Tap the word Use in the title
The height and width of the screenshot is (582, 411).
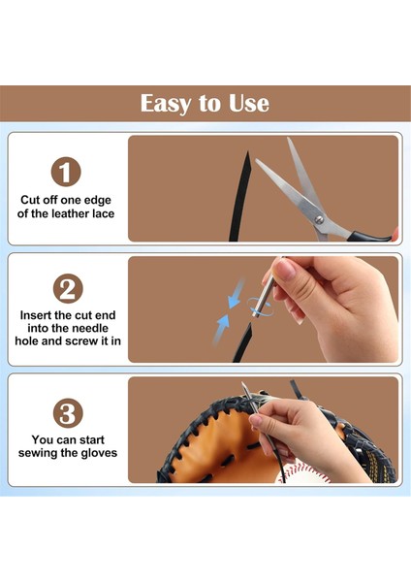pos(248,103)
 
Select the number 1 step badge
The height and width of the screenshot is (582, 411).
pos(66,172)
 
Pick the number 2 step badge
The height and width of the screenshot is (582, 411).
pos(68,289)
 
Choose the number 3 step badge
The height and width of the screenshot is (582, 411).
pos(68,413)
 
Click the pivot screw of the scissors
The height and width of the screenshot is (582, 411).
pos(319,220)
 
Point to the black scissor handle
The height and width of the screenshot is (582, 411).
pos(369,236)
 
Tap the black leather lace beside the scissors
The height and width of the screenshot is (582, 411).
pos(239,197)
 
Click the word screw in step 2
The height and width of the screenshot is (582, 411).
pos(82,341)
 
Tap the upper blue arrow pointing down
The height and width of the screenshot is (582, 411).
pos(236,294)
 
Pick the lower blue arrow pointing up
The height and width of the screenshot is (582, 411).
pos(221,330)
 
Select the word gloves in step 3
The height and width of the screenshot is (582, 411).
pos(99,453)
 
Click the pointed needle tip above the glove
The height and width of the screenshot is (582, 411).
pos(242,384)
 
